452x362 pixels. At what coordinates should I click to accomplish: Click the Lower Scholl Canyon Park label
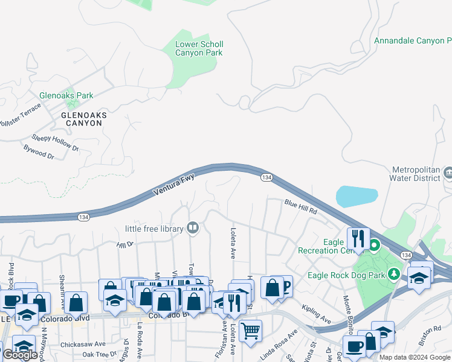pos(199,48)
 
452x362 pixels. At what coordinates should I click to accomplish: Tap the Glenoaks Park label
pos(66,95)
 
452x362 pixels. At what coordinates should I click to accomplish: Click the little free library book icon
pos(193,227)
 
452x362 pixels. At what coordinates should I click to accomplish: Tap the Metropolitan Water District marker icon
pos(447,173)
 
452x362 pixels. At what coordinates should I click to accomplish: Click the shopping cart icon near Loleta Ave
pos(250,330)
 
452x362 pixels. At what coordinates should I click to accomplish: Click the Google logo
pos(20,355)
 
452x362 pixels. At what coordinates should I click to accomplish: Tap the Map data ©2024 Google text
pos(415,357)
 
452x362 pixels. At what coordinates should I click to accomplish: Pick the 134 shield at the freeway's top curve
pos(266,177)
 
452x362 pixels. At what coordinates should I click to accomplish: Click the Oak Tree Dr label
pos(99,354)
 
